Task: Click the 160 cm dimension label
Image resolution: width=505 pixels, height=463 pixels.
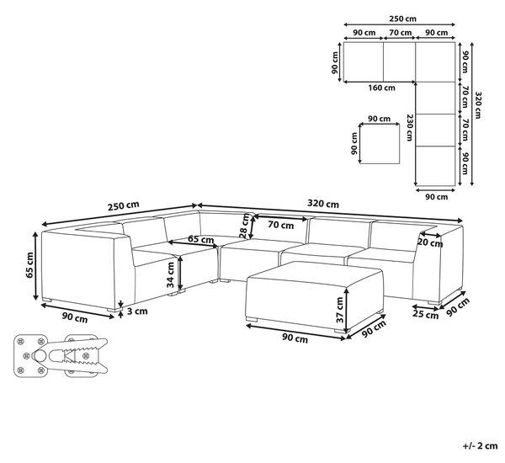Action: tap(381, 88)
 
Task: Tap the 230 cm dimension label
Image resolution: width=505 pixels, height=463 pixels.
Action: tap(409, 128)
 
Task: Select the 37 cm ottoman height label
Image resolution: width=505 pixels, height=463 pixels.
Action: tap(340, 310)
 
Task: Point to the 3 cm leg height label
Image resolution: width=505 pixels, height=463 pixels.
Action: tap(137, 311)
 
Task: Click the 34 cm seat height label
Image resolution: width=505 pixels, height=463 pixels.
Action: tap(170, 274)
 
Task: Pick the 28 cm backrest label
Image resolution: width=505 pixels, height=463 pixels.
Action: tap(244, 226)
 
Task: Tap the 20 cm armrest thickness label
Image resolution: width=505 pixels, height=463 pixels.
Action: tap(430, 242)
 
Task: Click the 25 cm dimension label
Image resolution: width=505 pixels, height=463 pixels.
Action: tap(425, 315)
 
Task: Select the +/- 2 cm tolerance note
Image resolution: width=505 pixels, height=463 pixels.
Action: tap(481, 446)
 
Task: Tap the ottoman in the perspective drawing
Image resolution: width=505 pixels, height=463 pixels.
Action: tap(314, 296)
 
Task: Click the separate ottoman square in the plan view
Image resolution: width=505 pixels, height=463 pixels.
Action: tap(380, 144)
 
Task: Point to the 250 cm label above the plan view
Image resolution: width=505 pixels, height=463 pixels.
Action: tap(402, 19)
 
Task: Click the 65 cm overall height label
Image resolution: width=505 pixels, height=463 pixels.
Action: tap(29, 265)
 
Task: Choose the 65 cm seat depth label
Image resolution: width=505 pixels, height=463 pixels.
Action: tap(200, 239)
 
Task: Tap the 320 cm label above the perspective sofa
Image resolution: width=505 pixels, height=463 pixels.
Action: tap(323, 204)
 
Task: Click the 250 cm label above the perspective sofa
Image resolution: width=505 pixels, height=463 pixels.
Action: tap(124, 206)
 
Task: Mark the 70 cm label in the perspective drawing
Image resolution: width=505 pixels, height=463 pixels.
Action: tap(281, 225)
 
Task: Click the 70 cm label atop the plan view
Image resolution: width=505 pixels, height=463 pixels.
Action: tap(401, 33)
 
